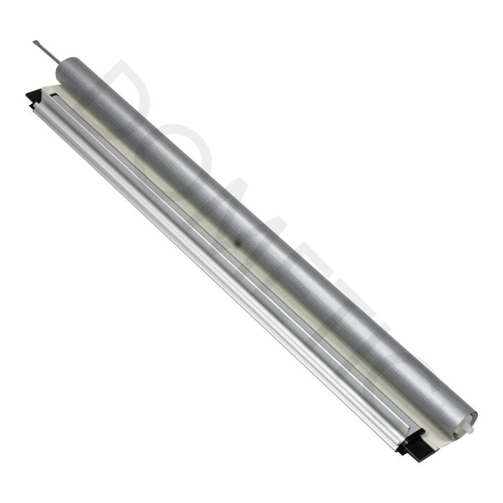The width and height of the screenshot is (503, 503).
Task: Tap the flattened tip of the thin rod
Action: pyautogui.click(x=35, y=43)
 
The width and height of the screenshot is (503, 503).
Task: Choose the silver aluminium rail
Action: pyautogui.click(x=216, y=273)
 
